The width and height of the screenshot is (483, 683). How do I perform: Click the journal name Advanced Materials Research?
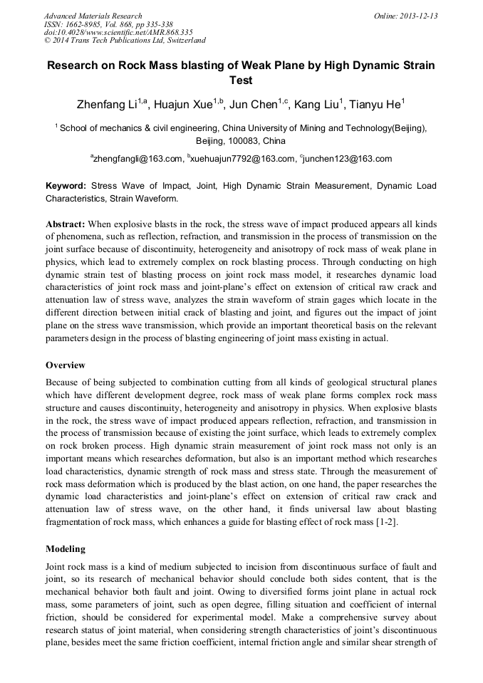pos(93,16)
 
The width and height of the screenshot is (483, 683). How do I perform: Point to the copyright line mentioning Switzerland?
pos(125,41)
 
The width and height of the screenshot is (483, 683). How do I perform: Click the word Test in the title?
pos(241,80)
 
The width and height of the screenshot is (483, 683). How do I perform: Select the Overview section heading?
pos(66,365)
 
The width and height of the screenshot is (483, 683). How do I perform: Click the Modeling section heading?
pos(66,548)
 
